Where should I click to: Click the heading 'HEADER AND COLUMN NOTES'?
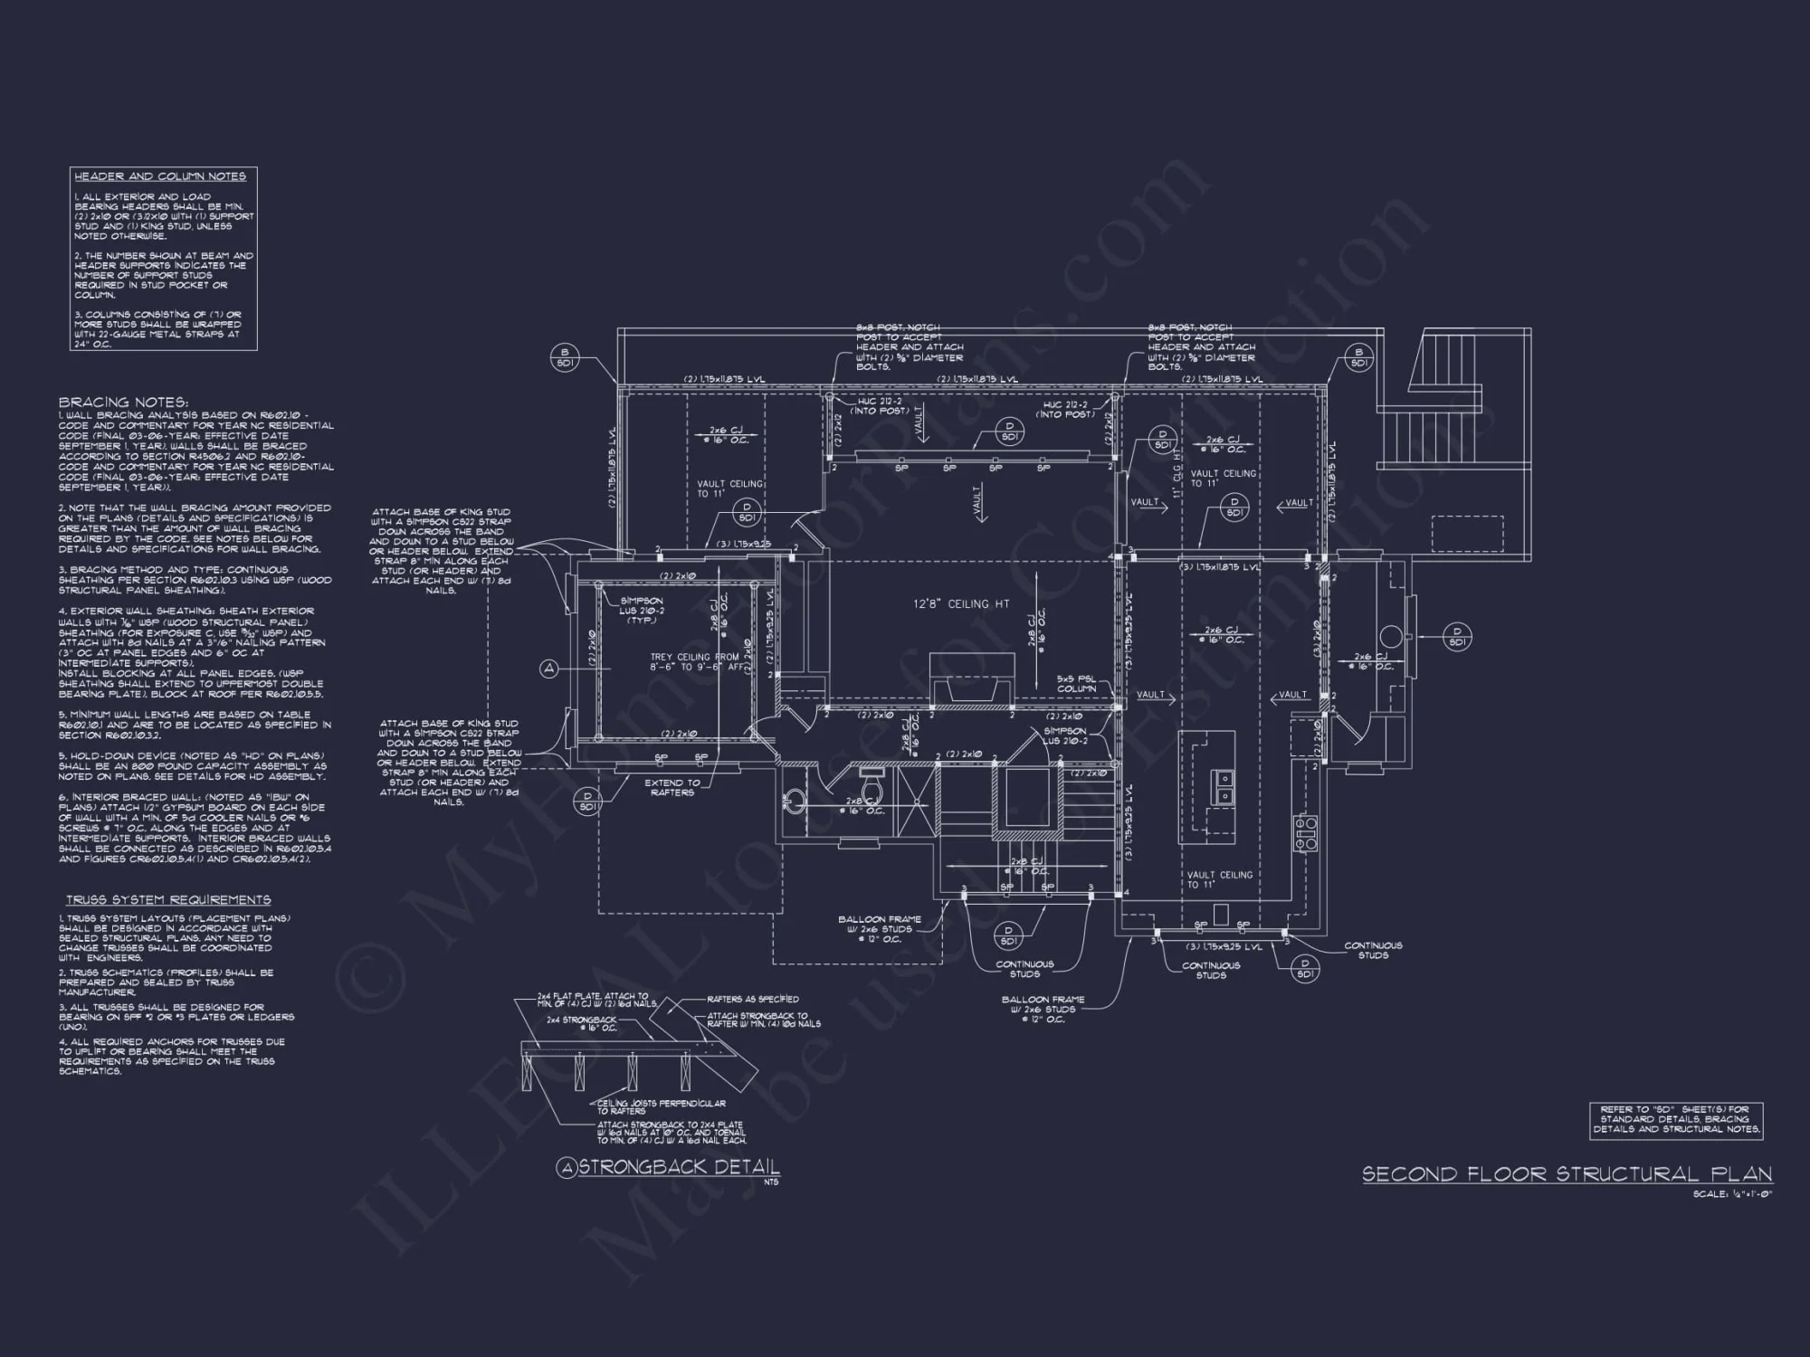pyautogui.click(x=160, y=176)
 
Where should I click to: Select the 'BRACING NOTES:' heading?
pyautogui.click(x=123, y=403)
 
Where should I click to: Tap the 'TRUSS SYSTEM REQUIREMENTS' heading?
pyautogui.click(x=168, y=900)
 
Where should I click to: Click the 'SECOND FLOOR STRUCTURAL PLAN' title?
pyautogui.click(x=1567, y=1174)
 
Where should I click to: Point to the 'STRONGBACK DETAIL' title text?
pyautogui.click(x=679, y=1167)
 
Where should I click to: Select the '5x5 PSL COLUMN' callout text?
pyautogui.click(x=1076, y=684)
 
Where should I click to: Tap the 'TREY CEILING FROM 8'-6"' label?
pyautogui.click(x=694, y=661)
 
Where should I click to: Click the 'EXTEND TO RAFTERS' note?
pyautogui.click(x=672, y=787)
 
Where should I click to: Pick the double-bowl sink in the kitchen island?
pyautogui.click(x=1222, y=787)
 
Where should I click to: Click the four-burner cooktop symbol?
pyautogui.click(x=1305, y=832)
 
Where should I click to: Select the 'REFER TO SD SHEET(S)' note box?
pyautogui.click(x=1675, y=1119)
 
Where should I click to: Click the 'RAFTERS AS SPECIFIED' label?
pyautogui.click(x=753, y=999)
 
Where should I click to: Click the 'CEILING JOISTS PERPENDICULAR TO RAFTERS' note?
pyautogui.click(x=661, y=1106)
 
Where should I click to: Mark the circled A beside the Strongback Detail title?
pyautogui.click(x=567, y=1169)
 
